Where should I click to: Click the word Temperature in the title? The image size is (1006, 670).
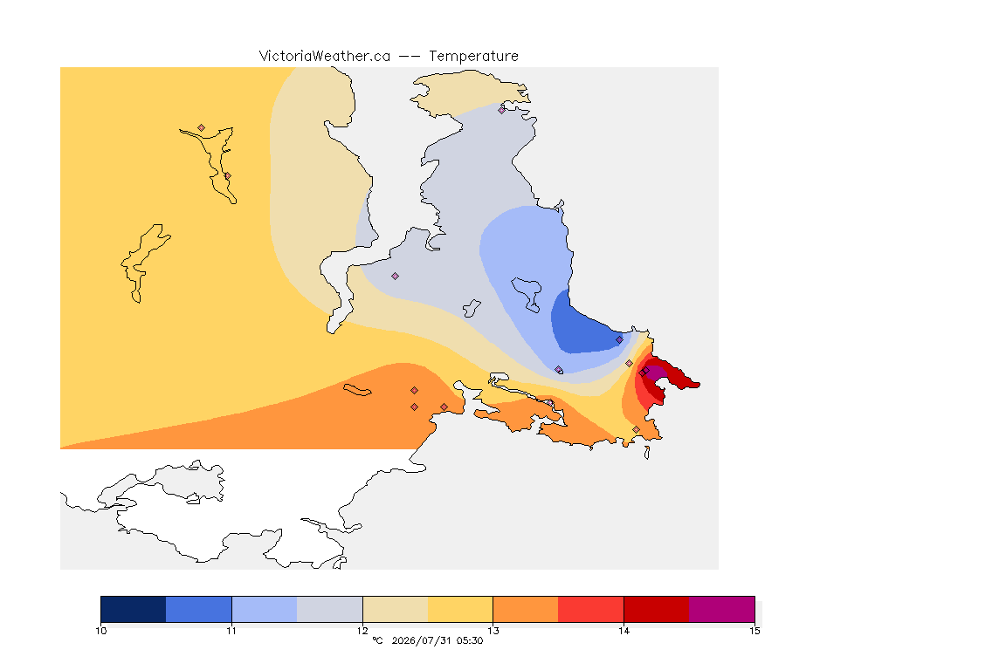pyautogui.click(x=473, y=56)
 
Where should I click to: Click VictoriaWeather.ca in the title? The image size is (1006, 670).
pyautogui.click(x=325, y=56)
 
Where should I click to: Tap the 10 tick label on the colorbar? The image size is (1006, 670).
pyautogui.click(x=100, y=631)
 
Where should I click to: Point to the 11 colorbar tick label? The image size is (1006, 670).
pyautogui.click(x=231, y=631)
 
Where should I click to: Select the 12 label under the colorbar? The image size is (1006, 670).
pyautogui.click(x=362, y=631)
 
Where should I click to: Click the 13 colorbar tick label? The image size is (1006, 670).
pyautogui.click(x=493, y=631)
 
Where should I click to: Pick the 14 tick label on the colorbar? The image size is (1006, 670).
pyautogui.click(x=624, y=631)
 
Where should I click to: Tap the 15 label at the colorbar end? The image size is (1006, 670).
pyautogui.click(x=754, y=631)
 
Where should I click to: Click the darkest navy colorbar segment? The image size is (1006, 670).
pyautogui.click(x=134, y=609)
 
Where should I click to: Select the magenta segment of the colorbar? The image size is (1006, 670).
pyautogui.click(x=722, y=609)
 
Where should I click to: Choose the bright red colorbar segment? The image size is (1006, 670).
pyautogui.click(x=591, y=609)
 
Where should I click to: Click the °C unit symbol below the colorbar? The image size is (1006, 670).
pyautogui.click(x=377, y=640)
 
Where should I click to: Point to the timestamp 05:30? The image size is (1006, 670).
pyautogui.click(x=470, y=640)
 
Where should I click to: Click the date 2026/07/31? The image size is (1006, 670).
pyautogui.click(x=420, y=640)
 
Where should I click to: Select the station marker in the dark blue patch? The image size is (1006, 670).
pyautogui.click(x=619, y=340)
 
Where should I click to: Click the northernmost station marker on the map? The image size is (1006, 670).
pyautogui.click(x=502, y=110)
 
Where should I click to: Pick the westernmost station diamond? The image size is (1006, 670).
pyautogui.click(x=202, y=128)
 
